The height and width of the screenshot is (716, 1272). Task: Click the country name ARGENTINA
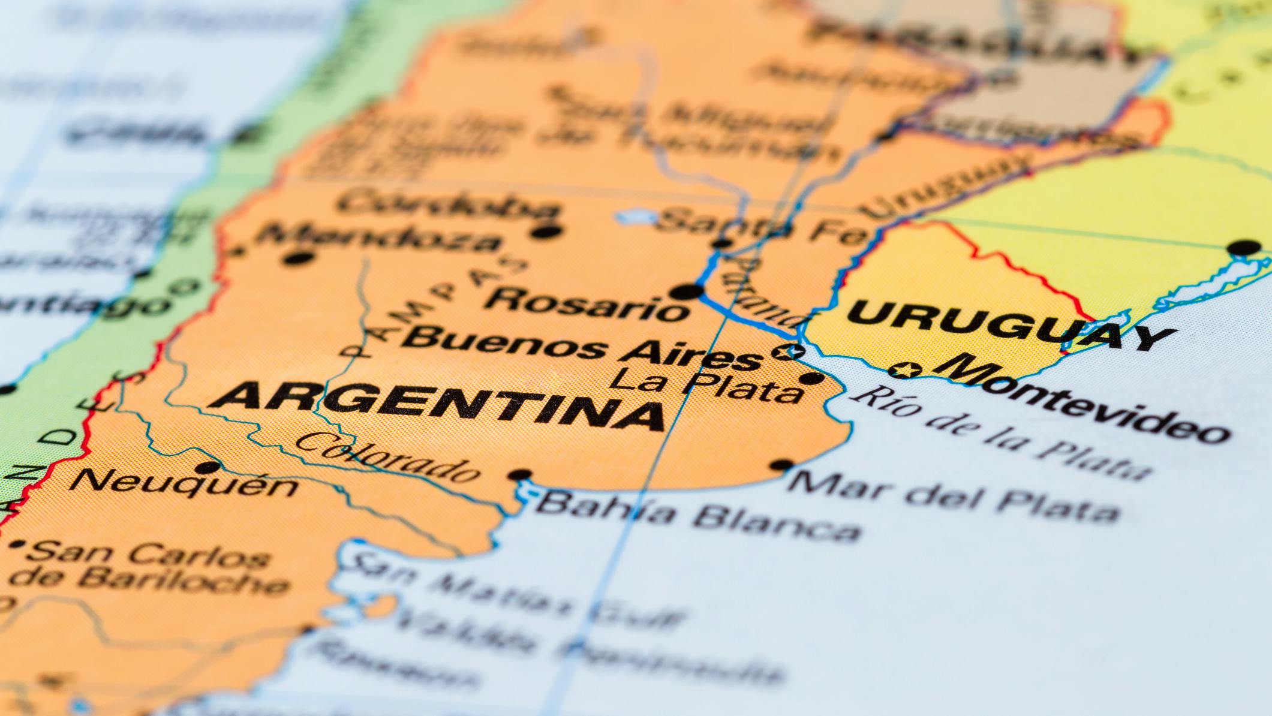[437, 406]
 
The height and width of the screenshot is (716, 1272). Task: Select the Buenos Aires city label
[581, 348]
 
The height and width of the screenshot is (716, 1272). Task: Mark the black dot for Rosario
[687, 292]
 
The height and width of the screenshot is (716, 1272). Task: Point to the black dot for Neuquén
[208, 467]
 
